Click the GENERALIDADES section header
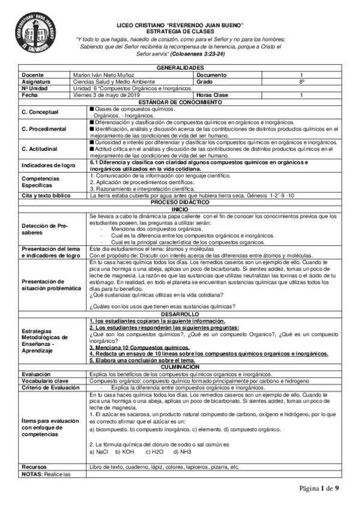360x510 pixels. coord(180,68)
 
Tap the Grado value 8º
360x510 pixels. coord(302,80)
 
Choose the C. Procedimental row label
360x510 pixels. coord(44,129)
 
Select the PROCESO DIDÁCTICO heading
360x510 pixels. coord(180,203)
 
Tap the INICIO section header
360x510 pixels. coord(180,209)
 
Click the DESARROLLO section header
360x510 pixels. coord(180,314)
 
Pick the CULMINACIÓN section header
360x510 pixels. coord(180,368)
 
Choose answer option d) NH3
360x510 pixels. coord(183,450)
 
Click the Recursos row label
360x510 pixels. coord(34,466)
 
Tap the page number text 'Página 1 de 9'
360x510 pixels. coord(320,488)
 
